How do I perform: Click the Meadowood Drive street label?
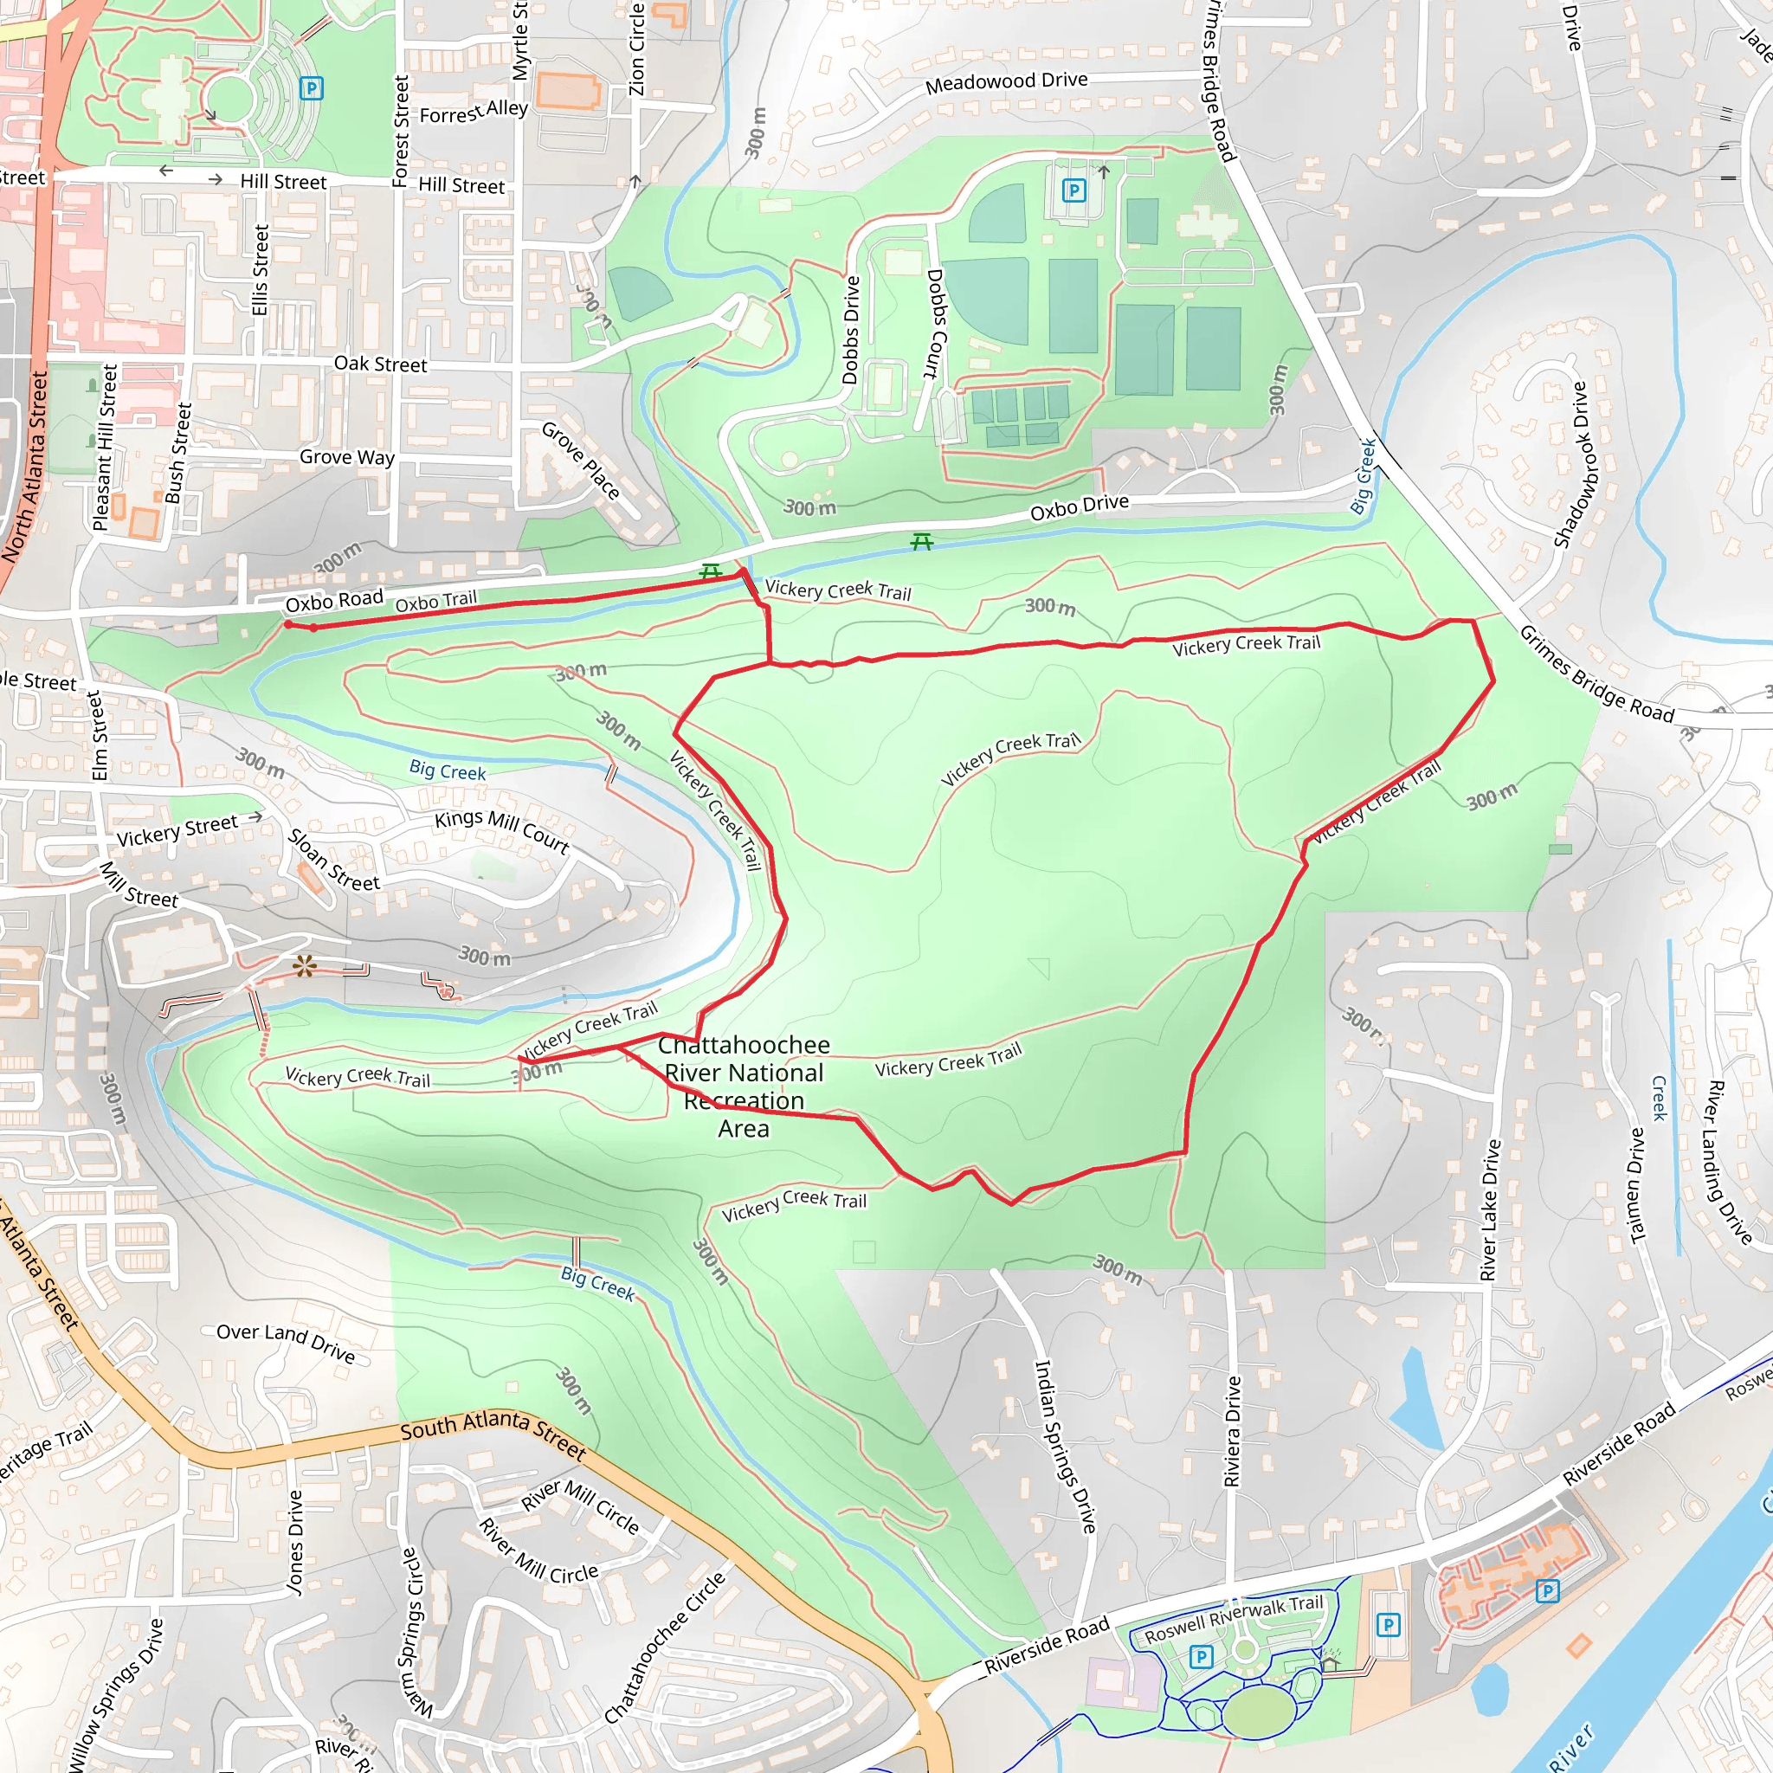click(1006, 82)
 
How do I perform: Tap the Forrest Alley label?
click(474, 112)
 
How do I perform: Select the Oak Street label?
click(380, 364)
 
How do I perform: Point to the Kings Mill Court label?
click(502, 829)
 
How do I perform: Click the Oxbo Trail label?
click(436, 602)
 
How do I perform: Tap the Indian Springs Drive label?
click(1065, 1447)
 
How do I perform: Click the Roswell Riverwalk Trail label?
click(1234, 1621)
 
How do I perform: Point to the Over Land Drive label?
click(286, 1342)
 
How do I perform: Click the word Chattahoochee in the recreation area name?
click(744, 1045)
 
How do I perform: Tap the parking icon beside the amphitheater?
click(312, 89)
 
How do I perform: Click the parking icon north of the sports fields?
click(1073, 190)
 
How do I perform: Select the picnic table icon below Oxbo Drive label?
click(921, 542)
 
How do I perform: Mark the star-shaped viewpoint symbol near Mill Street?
click(305, 965)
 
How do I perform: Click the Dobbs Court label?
click(933, 323)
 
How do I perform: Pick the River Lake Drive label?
click(1489, 1209)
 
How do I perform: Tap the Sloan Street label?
click(333, 860)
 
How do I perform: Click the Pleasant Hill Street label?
click(106, 447)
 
